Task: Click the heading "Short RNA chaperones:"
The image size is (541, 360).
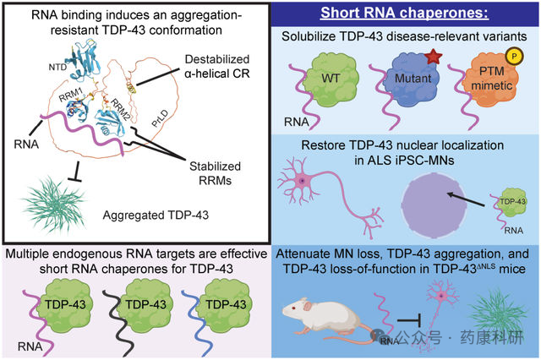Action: coord(405,13)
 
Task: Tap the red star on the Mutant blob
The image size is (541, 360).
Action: coord(434,57)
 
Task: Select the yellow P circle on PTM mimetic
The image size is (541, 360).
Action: coord(515,57)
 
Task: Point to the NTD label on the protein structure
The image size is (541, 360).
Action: coord(57,67)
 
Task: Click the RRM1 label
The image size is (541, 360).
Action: coord(71,95)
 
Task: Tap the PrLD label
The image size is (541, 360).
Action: coord(160,118)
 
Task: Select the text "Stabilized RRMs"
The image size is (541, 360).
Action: coord(215,173)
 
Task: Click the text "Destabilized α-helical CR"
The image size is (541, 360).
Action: coord(217,67)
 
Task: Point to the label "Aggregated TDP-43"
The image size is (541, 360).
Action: coord(156,215)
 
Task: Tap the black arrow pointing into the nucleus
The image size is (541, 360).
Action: coord(466,199)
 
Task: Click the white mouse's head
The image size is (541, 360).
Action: coord(294,308)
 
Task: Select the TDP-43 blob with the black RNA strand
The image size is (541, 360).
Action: coord(145,303)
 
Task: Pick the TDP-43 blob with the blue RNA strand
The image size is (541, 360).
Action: coord(225,303)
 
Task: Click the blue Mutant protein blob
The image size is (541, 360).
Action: coord(413,80)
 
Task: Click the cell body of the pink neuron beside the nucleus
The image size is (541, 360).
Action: coord(303,180)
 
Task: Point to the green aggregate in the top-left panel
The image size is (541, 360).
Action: coord(53,204)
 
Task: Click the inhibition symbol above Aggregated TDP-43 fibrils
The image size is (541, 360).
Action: coord(75,172)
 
